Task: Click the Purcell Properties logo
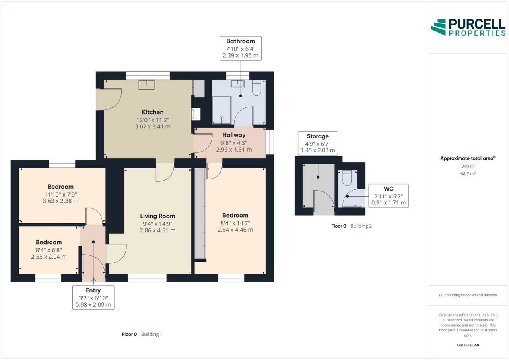pos(468,27)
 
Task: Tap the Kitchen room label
pos(152,112)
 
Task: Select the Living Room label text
pos(157,216)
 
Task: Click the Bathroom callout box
pos(241,49)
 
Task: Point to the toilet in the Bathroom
pos(256,88)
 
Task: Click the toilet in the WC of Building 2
pos(347,178)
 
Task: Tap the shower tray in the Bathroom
pos(221,110)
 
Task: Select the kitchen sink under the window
pos(147,85)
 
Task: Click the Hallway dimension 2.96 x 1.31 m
pos(234,150)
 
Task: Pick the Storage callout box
pos(318,144)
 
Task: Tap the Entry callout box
pos(93,298)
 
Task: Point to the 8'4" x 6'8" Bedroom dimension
pos(49,250)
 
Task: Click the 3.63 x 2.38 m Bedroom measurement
pos(60,201)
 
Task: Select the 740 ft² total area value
pos(468,167)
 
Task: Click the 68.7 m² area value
pos(468,174)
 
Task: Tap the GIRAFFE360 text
pos(468,345)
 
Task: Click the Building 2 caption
pos(361,226)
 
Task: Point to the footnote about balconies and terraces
pos(468,295)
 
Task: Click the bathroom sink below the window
pos(237,84)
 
